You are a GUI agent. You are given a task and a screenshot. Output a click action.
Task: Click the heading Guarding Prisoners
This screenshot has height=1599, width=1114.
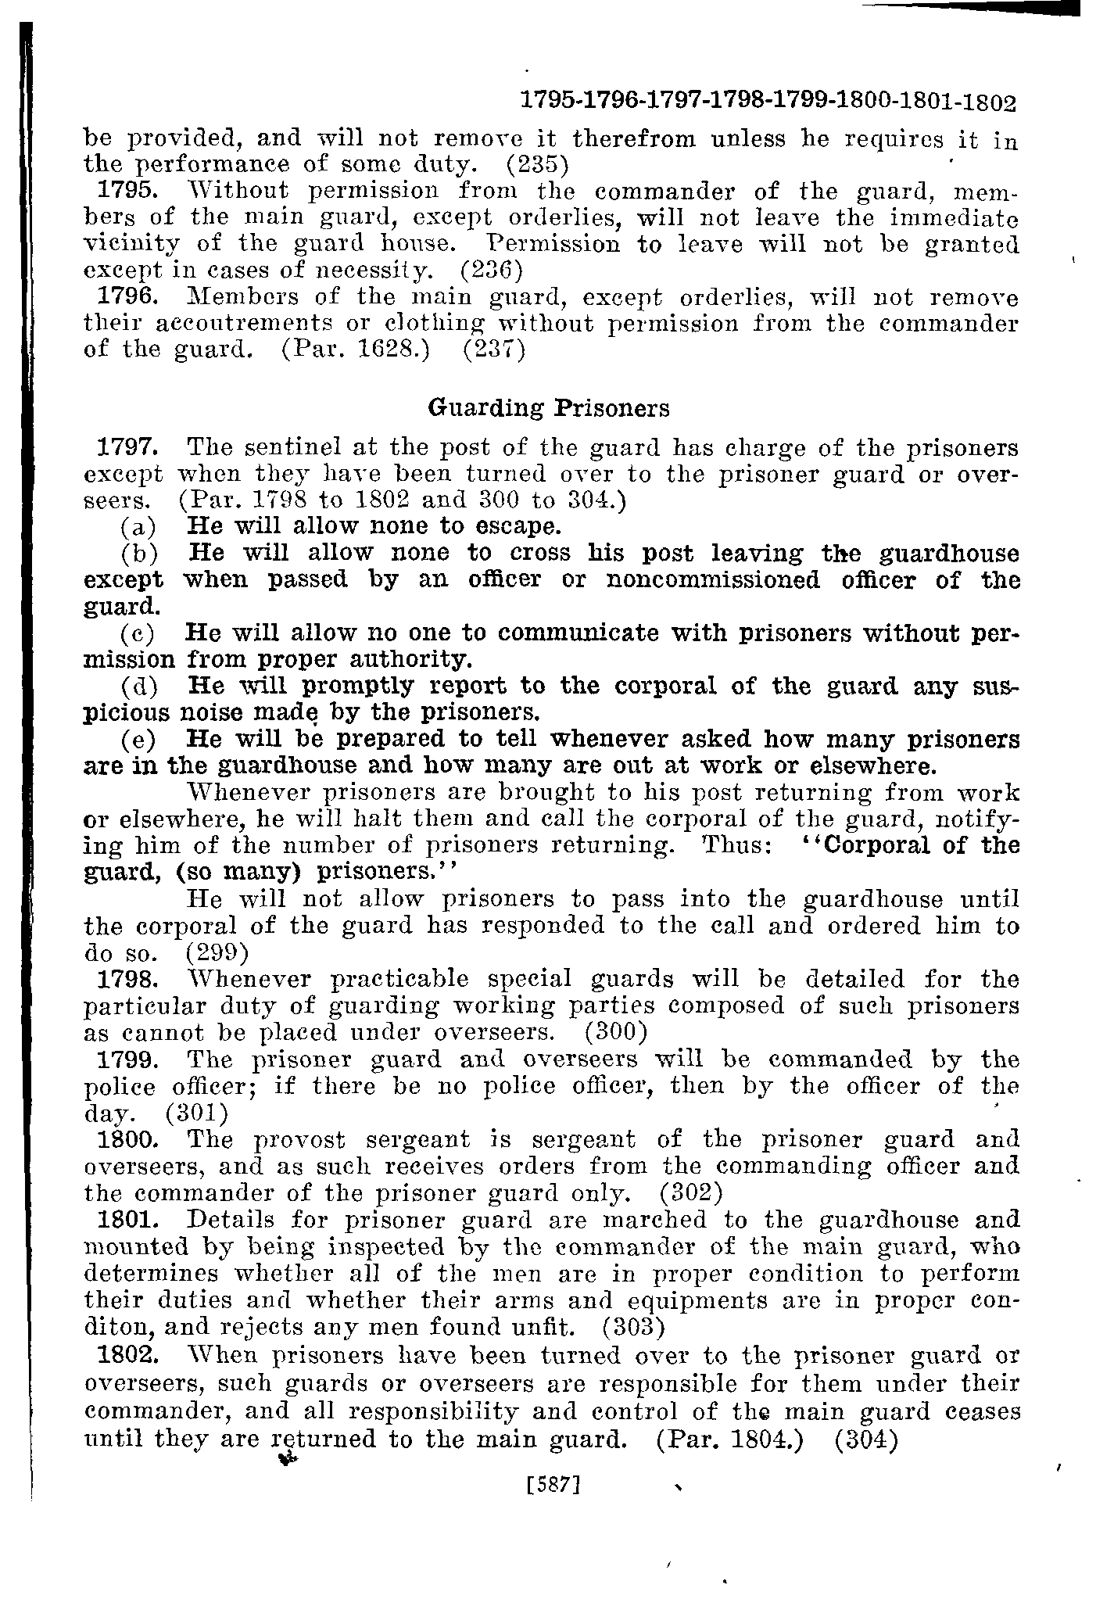(x=550, y=408)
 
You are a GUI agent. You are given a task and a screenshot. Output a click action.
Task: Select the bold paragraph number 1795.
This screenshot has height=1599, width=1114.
(x=127, y=191)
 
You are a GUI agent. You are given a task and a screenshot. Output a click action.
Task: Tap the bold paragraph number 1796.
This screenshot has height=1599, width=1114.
(x=127, y=298)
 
